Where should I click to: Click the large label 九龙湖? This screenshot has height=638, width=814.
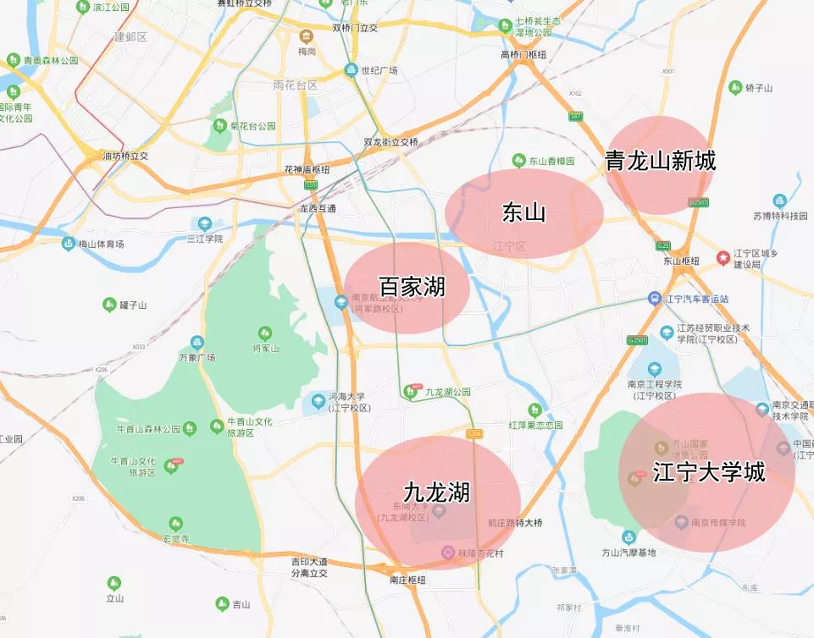click(436, 492)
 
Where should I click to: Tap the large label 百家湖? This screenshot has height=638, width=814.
click(412, 286)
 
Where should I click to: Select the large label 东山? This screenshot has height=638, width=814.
click(523, 212)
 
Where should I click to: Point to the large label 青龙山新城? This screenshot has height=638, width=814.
click(660, 161)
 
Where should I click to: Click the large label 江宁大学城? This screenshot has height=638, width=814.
click(709, 472)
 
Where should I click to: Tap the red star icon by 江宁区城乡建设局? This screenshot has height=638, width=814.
click(723, 256)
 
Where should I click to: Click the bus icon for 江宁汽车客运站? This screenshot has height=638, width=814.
click(654, 299)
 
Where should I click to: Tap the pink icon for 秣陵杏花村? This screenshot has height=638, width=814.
click(448, 553)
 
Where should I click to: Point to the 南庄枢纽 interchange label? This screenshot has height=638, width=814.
click(407, 580)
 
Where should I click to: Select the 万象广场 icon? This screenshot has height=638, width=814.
click(197, 343)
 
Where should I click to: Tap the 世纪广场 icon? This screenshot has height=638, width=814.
click(351, 70)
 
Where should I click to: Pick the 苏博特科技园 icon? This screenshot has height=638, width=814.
click(779, 201)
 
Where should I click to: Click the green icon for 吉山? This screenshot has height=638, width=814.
click(221, 604)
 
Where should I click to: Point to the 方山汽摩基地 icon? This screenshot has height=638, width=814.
click(628, 537)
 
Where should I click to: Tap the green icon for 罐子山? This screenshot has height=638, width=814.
click(108, 305)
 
